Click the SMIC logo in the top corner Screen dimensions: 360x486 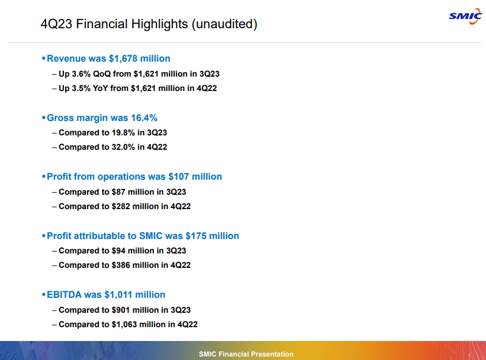[x=465, y=16]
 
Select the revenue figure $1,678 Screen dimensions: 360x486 [x=122, y=58]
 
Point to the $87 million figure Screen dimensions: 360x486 [x=119, y=191]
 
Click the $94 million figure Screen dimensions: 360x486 [x=119, y=251]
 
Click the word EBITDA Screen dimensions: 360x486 [x=64, y=294]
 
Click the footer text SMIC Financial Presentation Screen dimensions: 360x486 [x=246, y=354]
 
